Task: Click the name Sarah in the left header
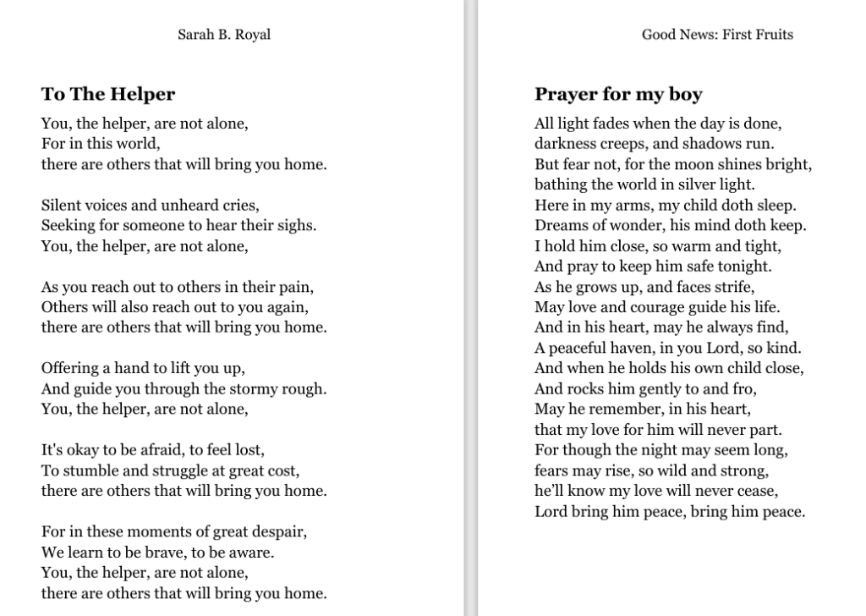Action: (x=195, y=35)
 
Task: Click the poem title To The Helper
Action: (x=108, y=94)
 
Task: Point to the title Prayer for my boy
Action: (x=618, y=94)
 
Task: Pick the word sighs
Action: (x=298, y=225)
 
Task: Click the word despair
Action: (x=280, y=531)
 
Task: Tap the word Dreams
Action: (x=559, y=225)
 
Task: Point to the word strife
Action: (x=733, y=286)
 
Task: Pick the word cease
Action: (x=758, y=491)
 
